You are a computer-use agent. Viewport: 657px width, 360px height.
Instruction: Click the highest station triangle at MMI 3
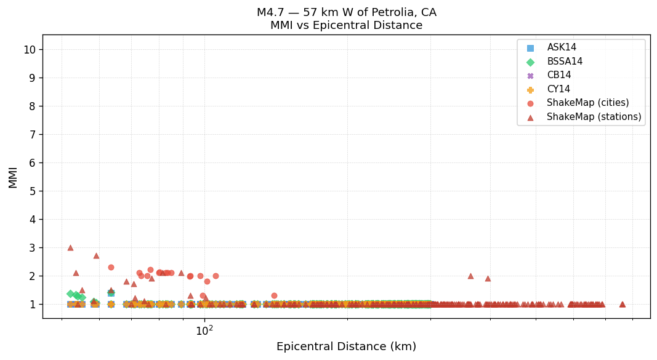[x=70, y=247]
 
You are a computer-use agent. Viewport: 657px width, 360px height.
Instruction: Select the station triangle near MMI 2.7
[x=96, y=255]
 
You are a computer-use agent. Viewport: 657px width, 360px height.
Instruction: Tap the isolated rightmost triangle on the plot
[x=622, y=304]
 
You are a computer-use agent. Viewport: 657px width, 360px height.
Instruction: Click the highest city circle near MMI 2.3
[x=111, y=267]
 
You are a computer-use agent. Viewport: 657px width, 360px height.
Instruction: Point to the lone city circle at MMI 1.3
[x=274, y=295]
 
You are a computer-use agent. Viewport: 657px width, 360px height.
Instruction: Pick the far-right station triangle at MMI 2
[x=470, y=276]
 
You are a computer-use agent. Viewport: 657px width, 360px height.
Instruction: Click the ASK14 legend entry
[x=562, y=47]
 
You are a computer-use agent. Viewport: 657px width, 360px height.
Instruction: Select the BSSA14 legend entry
[x=565, y=62]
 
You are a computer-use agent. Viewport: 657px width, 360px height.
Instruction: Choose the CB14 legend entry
[x=558, y=75]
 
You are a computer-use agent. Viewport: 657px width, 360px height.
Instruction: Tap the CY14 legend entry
[x=558, y=89]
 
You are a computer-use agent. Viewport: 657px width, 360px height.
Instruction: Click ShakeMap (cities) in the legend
[x=587, y=103]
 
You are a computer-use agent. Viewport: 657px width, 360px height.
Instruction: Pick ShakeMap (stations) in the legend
[x=594, y=117]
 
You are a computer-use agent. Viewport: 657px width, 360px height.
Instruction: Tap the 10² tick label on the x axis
[x=204, y=330]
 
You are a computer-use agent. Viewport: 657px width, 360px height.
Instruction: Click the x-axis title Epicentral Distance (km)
[x=346, y=346]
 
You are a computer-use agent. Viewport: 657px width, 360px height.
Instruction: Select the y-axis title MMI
[x=13, y=177]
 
